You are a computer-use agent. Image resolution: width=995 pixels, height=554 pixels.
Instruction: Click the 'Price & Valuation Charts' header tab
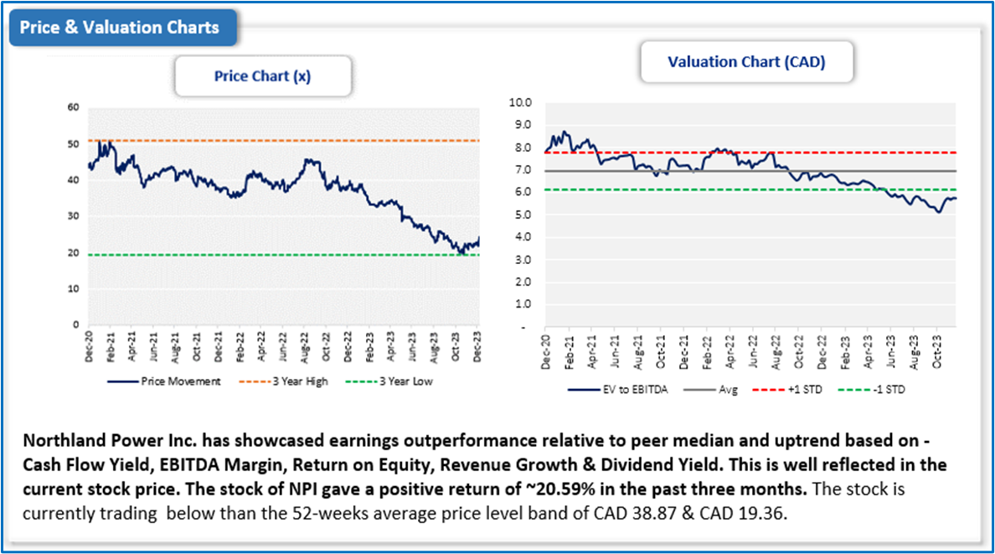[119, 28]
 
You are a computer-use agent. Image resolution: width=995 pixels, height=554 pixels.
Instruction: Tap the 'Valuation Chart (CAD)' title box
[745, 62]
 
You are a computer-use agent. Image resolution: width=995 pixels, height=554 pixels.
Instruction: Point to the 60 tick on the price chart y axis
[74, 107]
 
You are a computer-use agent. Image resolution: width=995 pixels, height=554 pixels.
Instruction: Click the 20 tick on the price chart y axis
[74, 252]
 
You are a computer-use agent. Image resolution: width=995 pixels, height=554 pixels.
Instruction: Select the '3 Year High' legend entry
[298, 381]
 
